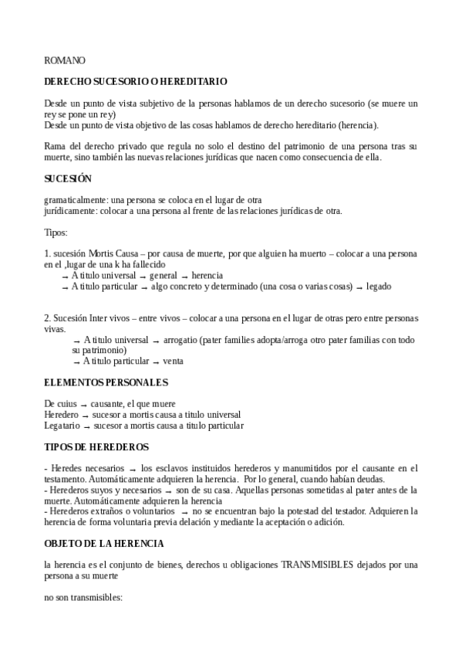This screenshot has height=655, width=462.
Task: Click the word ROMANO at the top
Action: (65, 60)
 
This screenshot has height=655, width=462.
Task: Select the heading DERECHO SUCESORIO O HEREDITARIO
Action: (135, 81)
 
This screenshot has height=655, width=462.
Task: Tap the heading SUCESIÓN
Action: (68, 178)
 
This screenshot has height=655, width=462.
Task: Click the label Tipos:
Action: (57, 232)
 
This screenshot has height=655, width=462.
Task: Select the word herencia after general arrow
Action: (207, 275)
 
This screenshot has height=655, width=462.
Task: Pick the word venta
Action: (174, 361)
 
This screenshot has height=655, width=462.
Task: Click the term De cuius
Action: (60, 403)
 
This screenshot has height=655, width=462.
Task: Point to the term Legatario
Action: (62, 425)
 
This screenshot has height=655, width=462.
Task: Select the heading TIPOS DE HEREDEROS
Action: (96, 447)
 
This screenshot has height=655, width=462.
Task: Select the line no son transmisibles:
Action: (84, 596)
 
